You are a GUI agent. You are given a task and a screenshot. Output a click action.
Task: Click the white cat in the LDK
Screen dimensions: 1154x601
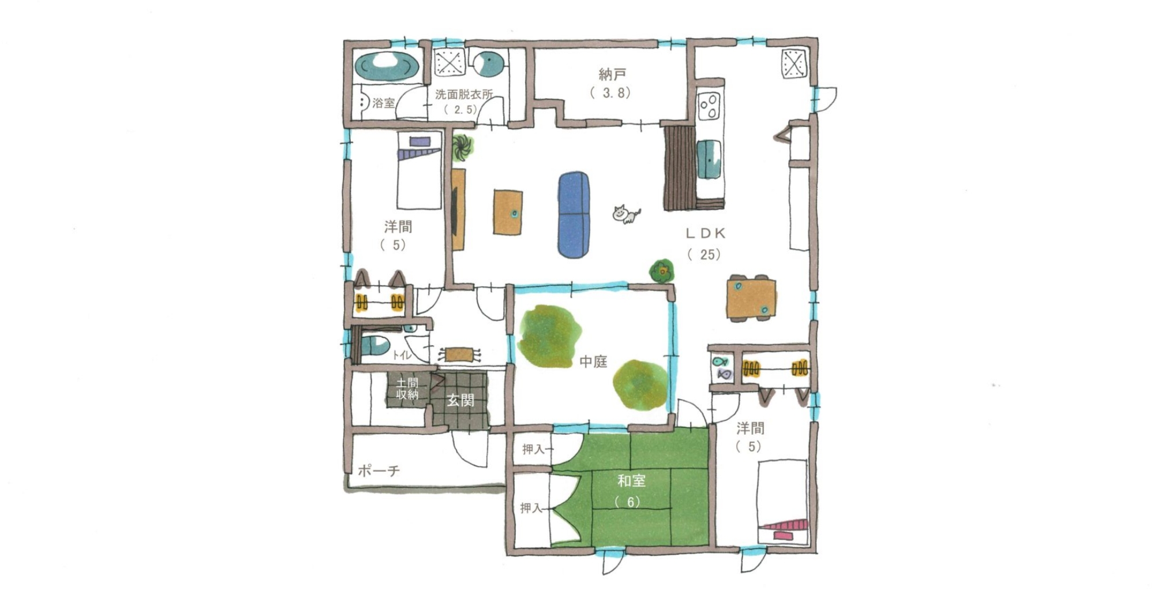click(625, 214)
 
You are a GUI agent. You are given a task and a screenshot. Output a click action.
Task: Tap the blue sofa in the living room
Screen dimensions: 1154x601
click(574, 215)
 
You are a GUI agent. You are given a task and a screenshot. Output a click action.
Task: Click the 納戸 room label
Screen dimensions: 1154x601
click(612, 74)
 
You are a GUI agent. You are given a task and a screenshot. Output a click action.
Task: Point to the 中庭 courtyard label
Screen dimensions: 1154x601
click(593, 362)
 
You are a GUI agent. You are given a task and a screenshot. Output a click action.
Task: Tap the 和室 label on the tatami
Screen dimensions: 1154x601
click(631, 480)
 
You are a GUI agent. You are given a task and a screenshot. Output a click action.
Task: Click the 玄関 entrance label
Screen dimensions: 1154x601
click(460, 400)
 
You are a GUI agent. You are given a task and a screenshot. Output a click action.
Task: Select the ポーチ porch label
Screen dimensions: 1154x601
click(379, 471)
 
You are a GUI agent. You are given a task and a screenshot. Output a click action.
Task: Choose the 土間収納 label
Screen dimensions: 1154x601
click(407, 389)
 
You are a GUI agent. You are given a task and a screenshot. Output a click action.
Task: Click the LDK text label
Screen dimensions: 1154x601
click(705, 233)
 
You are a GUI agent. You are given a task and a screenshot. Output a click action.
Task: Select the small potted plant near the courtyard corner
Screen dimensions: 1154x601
click(662, 270)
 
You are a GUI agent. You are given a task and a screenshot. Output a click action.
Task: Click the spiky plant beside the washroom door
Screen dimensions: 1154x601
click(462, 147)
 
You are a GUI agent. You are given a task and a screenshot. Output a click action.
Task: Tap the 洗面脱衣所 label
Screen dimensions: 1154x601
click(464, 94)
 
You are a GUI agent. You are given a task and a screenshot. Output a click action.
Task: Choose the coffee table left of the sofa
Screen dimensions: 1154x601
click(508, 212)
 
